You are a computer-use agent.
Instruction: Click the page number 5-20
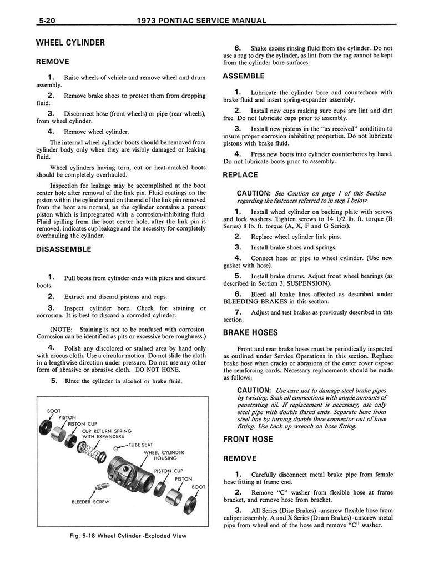(x=49, y=22)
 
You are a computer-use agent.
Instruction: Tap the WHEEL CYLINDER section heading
(x=70, y=43)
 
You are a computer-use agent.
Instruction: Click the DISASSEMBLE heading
(x=63, y=249)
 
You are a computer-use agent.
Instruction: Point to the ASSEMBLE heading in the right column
(x=243, y=76)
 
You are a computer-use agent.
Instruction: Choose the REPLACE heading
(x=240, y=175)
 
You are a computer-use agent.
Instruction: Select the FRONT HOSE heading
(x=248, y=439)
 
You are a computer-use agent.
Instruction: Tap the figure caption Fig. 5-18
(x=124, y=536)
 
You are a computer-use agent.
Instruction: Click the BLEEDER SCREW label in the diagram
(x=90, y=502)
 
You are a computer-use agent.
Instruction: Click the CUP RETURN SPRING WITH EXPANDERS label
(x=107, y=433)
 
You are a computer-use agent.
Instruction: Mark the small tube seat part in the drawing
(x=118, y=447)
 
